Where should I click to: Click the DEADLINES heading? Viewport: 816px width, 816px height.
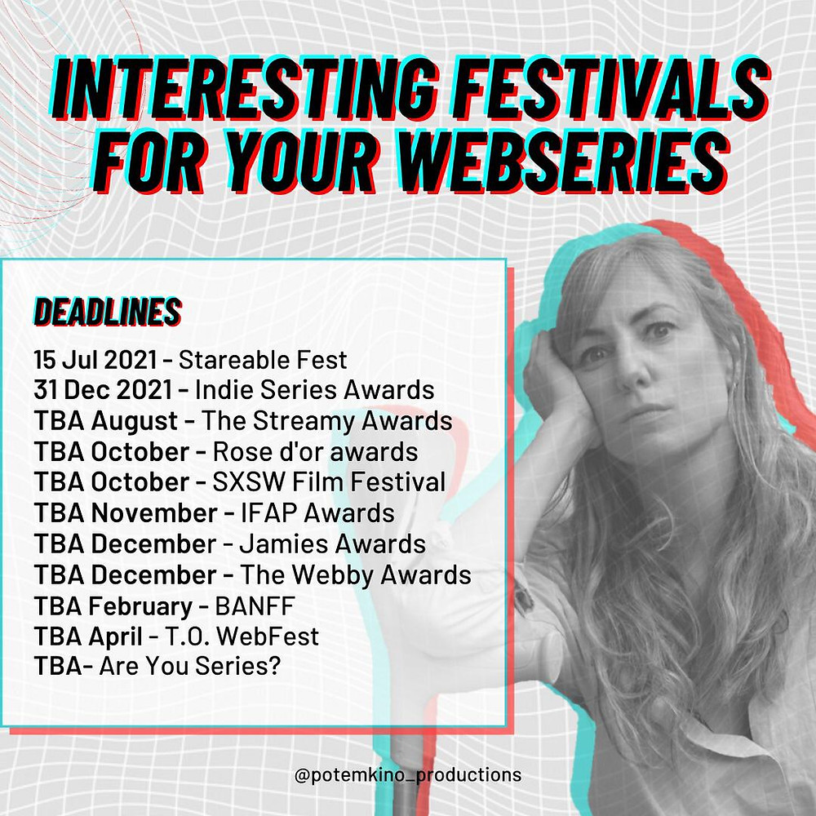pos(108,313)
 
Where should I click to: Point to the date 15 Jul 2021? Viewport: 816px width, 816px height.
pos(95,360)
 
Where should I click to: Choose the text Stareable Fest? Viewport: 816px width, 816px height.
pos(263,360)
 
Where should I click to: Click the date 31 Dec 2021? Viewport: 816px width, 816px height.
pos(103,390)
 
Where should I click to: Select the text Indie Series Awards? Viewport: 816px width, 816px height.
pos(314,390)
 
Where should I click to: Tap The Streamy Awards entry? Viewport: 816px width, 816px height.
pos(327,421)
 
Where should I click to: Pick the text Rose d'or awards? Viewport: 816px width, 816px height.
pos(315,452)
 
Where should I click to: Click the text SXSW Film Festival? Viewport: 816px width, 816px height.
pos(329,482)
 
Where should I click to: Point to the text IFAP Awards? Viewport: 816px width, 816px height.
pos(317,513)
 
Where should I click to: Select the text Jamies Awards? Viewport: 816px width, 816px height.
pos(332,543)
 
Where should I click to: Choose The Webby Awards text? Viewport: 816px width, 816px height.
pos(356,575)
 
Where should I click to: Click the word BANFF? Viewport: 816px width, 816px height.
pos(255,605)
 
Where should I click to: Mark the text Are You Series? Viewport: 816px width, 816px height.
pos(190,666)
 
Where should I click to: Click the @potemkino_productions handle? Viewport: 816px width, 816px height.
pos(407,775)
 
